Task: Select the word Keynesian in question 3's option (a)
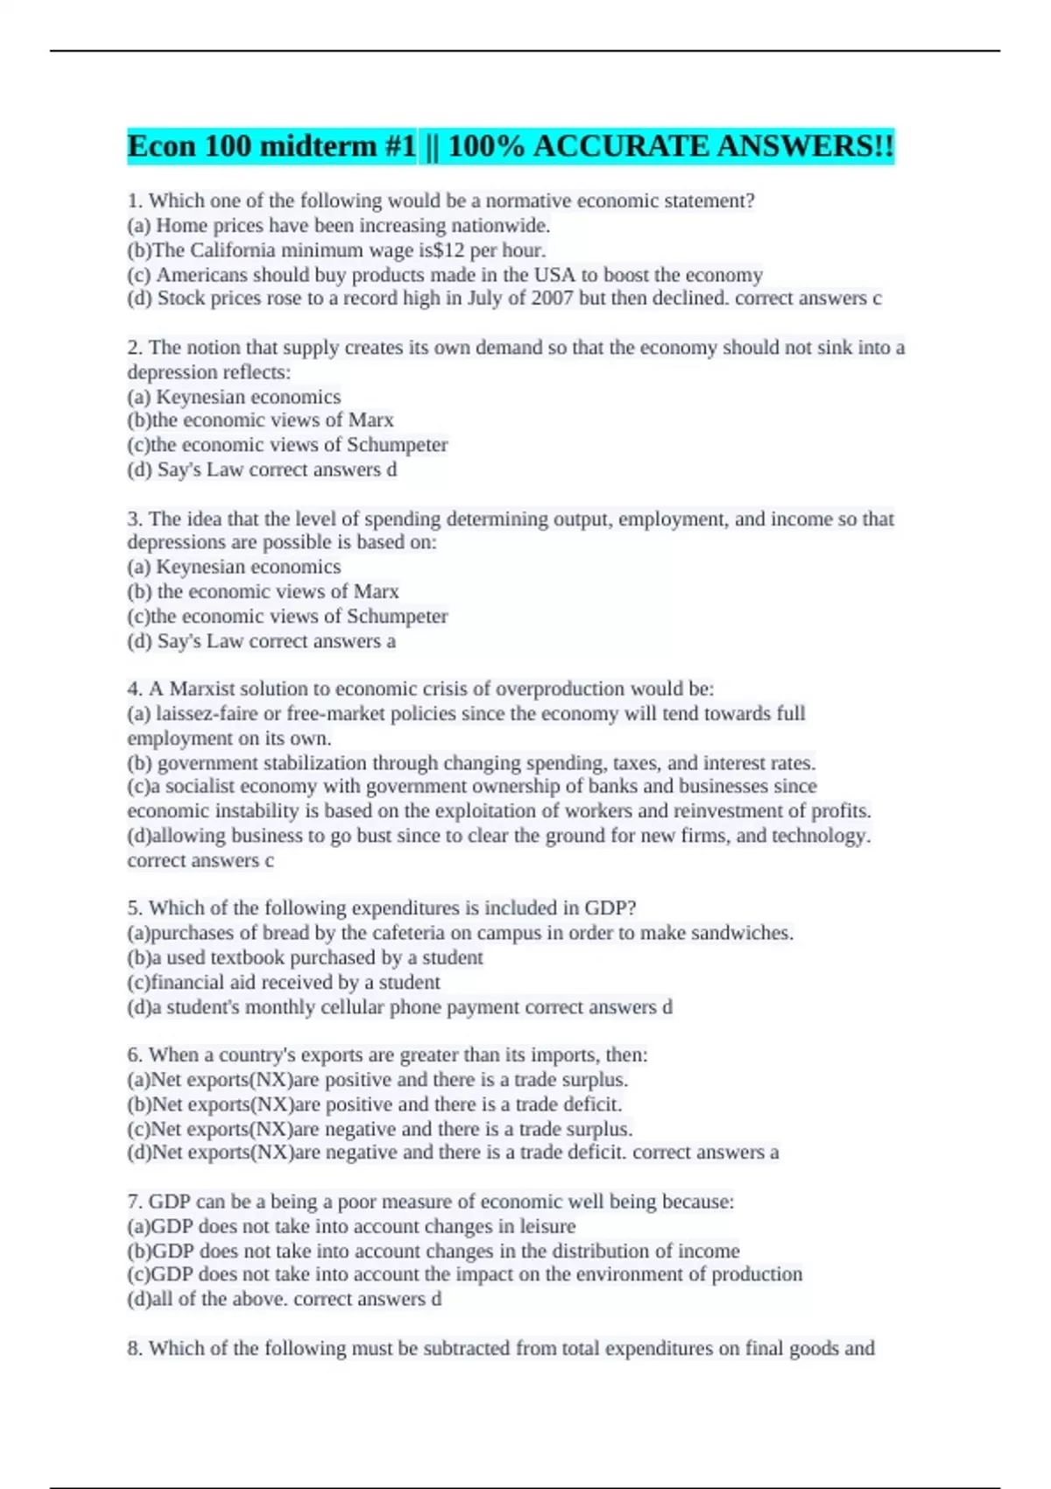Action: point(206,567)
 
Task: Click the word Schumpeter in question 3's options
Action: point(398,616)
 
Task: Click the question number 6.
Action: point(134,1055)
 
